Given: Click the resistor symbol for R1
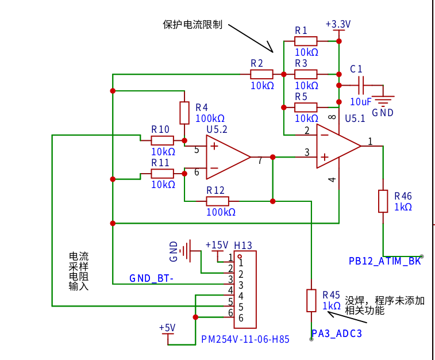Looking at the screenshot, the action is (x=306, y=41).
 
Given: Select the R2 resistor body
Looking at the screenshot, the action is (x=261, y=74).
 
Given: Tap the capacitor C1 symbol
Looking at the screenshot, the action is (x=361, y=85).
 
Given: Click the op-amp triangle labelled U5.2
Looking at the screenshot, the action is (x=228, y=157).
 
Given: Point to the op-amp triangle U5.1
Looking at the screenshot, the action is (x=338, y=146).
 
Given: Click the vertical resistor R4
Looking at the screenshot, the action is (x=184, y=113).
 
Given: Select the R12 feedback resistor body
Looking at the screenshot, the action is (x=217, y=201).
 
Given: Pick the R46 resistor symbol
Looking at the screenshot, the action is (x=383, y=201).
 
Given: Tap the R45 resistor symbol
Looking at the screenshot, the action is (x=311, y=301).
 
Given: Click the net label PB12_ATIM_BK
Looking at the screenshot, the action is (x=385, y=261).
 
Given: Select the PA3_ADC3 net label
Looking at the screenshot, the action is (x=337, y=334).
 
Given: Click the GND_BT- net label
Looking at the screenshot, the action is (x=152, y=278).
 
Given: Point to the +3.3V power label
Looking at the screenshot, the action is (x=338, y=24).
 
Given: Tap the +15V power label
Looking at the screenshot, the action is (x=217, y=245).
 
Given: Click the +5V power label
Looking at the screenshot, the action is (x=167, y=328).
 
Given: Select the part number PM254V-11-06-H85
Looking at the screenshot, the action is (x=245, y=339).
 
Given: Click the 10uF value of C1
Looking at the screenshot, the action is (x=360, y=102).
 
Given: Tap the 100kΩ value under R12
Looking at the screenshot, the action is (x=221, y=212).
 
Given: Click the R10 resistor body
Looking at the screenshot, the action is (x=162, y=140).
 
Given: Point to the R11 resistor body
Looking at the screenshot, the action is (x=162, y=174).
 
